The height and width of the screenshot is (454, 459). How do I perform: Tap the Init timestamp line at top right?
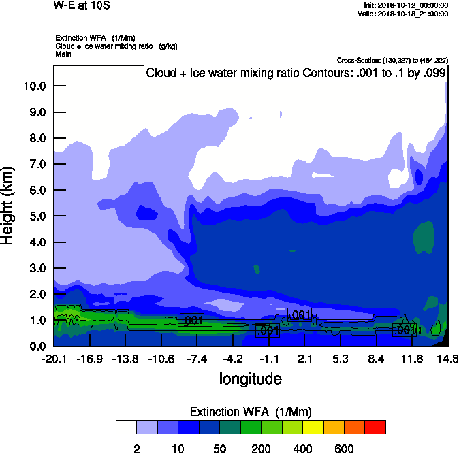(407, 5)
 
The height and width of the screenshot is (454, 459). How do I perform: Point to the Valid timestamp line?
(407, 14)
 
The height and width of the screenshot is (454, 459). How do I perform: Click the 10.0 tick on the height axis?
(35, 86)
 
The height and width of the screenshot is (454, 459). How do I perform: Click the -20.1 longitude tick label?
(53, 359)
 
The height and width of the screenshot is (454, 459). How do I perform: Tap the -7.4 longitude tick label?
(196, 359)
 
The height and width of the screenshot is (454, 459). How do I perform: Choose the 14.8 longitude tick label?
(447, 359)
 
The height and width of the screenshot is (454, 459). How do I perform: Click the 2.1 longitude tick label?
(304, 359)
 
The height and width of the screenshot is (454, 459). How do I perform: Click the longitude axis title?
(250, 378)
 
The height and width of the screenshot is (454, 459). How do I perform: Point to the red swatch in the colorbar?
(375, 427)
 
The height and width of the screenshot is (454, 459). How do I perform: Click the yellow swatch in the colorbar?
(313, 427)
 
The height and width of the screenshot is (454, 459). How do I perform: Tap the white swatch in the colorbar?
(126, 427)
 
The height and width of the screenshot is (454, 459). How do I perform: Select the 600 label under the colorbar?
(344, 449)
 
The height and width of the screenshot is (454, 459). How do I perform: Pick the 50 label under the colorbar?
(219, 449)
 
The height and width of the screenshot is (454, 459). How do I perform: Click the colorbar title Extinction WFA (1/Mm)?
(251, 412)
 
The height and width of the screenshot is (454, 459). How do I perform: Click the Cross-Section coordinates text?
(392, 60)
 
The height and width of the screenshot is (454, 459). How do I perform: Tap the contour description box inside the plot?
(295, 74)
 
